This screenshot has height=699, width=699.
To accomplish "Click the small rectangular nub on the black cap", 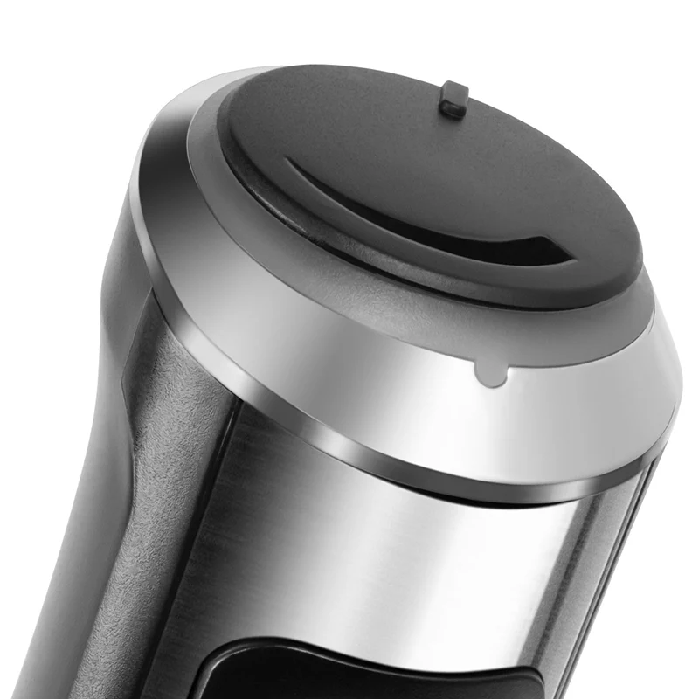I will pyautogui.click(x=453, y=99).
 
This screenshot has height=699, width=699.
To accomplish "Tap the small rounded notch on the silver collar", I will pyautogui.click(x=492, y=374).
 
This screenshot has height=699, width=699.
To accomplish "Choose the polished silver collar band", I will pyautogui.click(x=349, y=349).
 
